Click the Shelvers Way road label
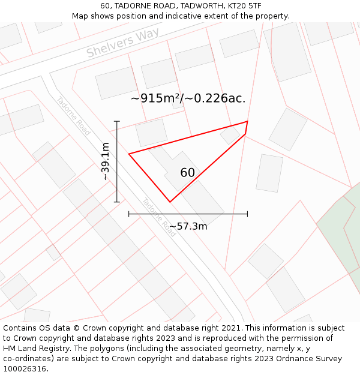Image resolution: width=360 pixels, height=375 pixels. pos(123,43)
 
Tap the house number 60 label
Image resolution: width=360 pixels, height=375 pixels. pos(187,173)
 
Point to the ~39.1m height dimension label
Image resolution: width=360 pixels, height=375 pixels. pos(106,161)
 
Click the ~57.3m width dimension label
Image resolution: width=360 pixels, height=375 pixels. pos(188,226)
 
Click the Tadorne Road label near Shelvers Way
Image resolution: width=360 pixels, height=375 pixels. pos(73,115)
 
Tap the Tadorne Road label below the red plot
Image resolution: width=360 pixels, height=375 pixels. pos(158,217)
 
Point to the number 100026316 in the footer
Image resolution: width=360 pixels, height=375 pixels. pos(24,368)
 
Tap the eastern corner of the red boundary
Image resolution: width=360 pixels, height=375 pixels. pos(247,122)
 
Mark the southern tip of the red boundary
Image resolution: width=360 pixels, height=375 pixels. pos(170,202)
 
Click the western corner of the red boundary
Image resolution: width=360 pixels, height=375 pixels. pos(129,154)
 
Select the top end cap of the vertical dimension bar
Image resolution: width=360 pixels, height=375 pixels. pos(117,122)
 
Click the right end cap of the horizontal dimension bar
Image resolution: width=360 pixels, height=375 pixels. pos(247,214)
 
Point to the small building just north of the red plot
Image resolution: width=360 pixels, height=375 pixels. pos(151,133)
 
